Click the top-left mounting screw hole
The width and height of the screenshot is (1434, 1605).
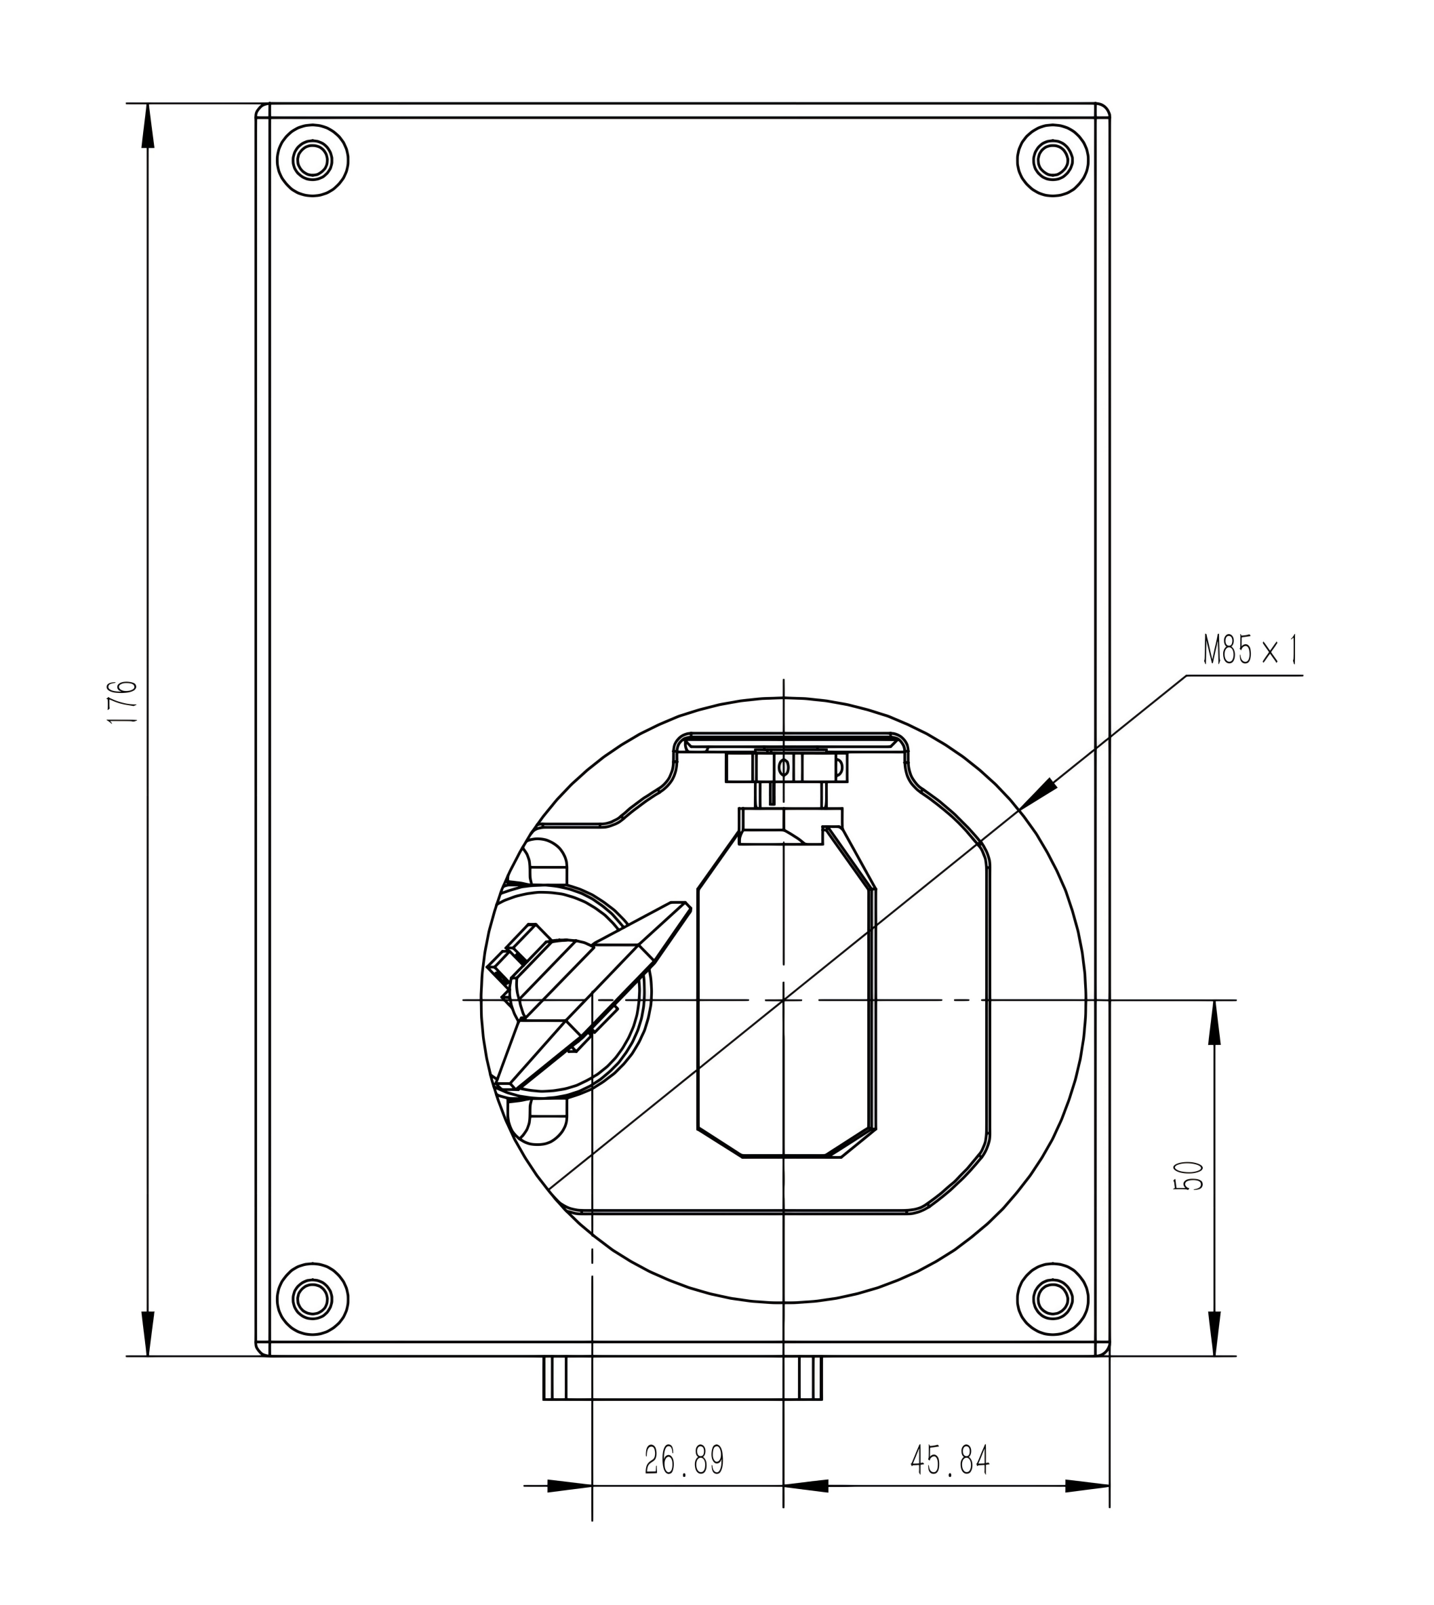point(313,160)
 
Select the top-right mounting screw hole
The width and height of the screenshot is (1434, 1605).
point(1053,160)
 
